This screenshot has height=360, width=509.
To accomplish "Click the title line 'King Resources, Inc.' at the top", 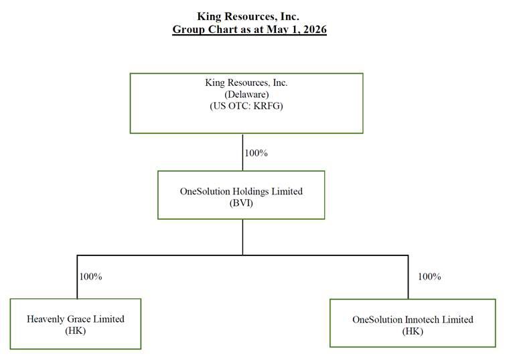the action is click(x=248, y=16).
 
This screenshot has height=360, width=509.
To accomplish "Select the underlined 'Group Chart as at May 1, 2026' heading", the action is click(x=249, y=29).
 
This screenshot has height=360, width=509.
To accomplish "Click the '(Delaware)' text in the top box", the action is click(x=246, y=95).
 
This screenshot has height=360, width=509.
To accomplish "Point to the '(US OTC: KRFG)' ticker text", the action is click(x=246, y=106).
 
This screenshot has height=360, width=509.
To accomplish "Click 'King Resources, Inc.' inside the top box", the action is click(x=246, y=82).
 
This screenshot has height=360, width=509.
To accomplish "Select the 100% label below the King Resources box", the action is click(x=256, y=153).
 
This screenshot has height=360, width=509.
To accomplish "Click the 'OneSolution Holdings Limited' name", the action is click(x=241, y=191).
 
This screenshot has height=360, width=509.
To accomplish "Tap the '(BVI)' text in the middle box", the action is click(x=241, y=203).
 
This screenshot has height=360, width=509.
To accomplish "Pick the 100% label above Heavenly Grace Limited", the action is click(x=90, y=276).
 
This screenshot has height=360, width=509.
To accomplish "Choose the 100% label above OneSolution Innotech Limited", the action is click(x=429, y=276).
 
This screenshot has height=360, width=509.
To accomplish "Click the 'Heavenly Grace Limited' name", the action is click(x=76, y=318).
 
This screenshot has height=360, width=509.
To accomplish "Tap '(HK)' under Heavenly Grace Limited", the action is click(x=76, y=331).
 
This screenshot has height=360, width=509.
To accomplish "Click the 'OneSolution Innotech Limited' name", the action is click(x=413, y=319).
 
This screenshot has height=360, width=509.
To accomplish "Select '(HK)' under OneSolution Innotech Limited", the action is click(x=413, y=331).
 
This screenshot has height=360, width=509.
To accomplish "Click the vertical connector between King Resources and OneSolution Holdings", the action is click(x=242, y=152).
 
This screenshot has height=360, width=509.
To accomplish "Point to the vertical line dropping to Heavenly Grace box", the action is click(x=77, y=277).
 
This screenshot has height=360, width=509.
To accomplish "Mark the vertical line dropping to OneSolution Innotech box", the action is click(x=408, y=277).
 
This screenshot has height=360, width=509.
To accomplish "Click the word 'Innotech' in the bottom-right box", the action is click(x=423, y=319).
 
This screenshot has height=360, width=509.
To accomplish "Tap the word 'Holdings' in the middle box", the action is click(x=250, y=191).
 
